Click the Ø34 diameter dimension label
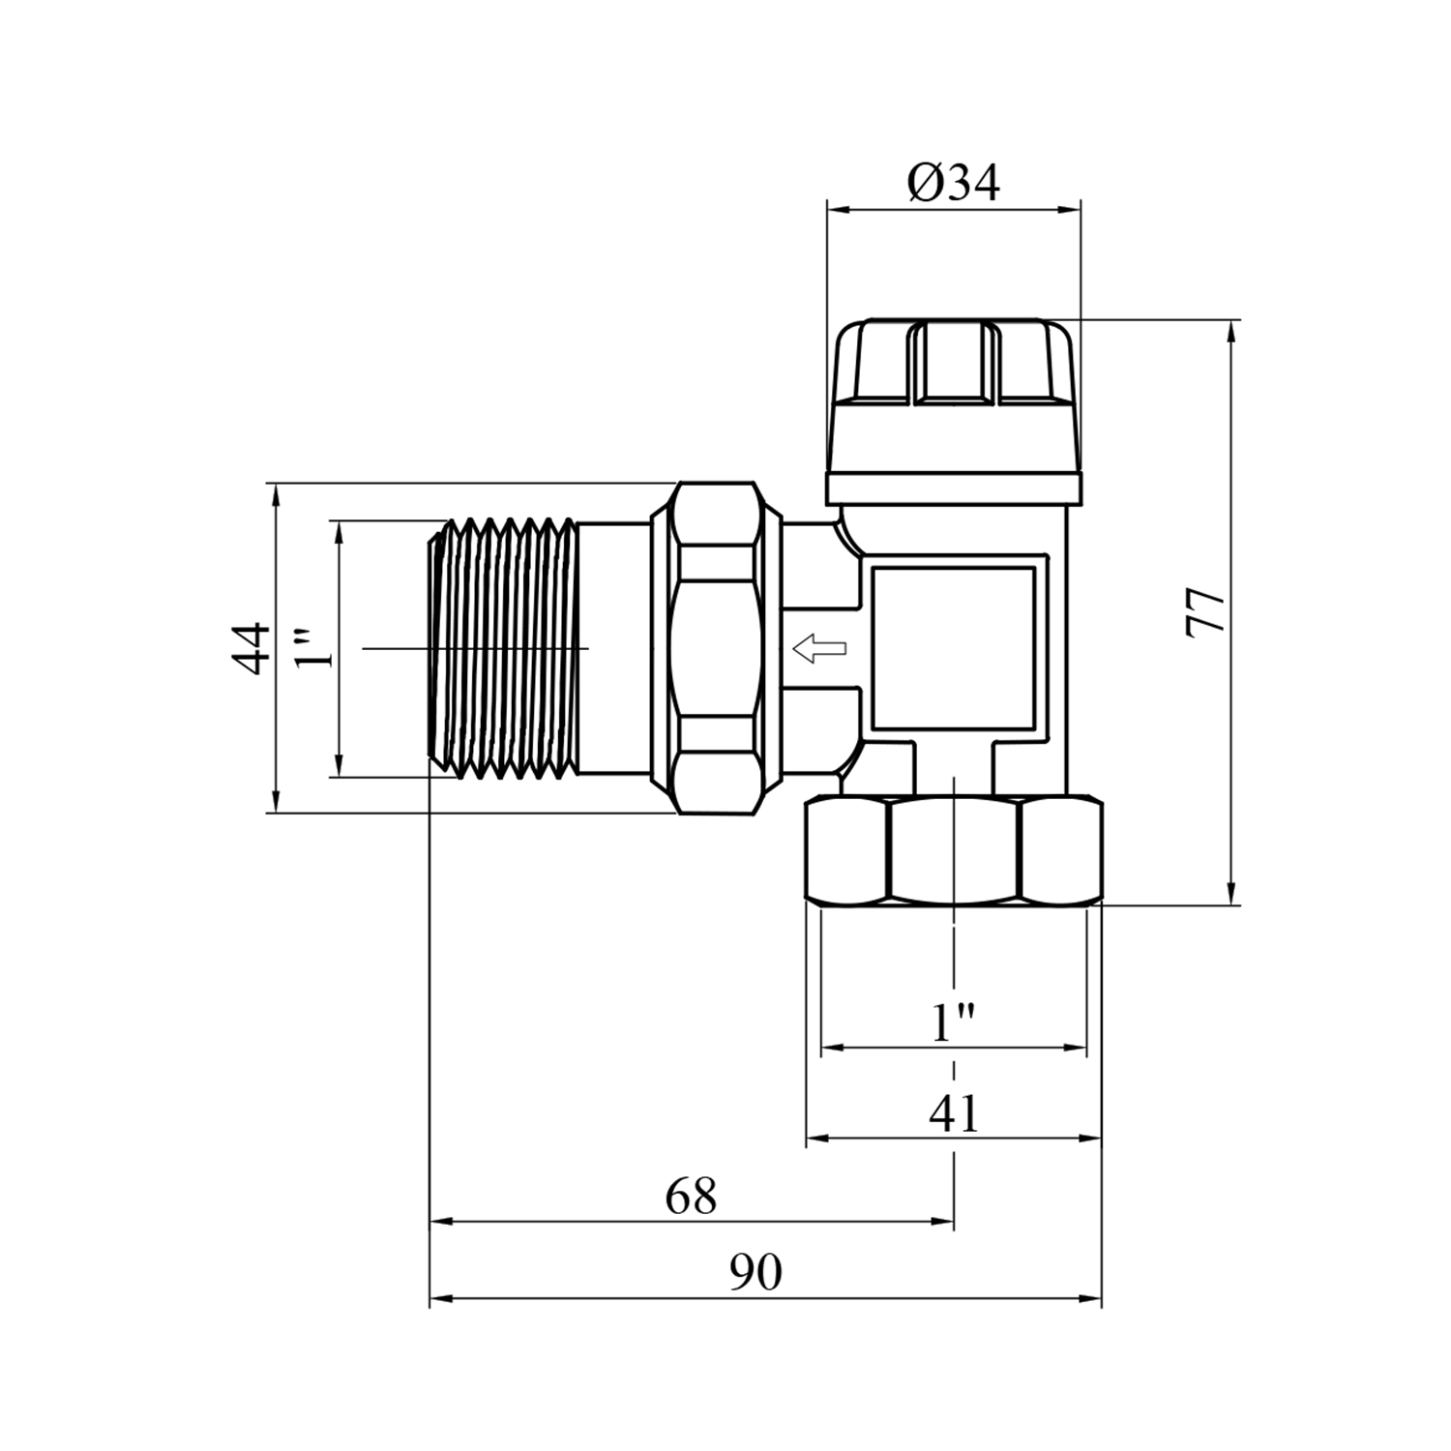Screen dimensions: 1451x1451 (954, 183)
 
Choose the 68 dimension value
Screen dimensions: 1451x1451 (691, 1197)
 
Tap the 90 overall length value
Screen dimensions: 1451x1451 (755, 1273)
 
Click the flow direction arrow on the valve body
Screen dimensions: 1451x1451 (818, 649)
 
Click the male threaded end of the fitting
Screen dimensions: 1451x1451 (503, 649)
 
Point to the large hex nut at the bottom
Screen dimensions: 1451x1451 (955, 851)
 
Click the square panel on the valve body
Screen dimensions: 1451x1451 (954, 648)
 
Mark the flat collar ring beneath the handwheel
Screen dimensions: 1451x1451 (954, 489)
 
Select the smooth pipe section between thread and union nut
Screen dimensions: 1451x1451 (615, 649)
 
